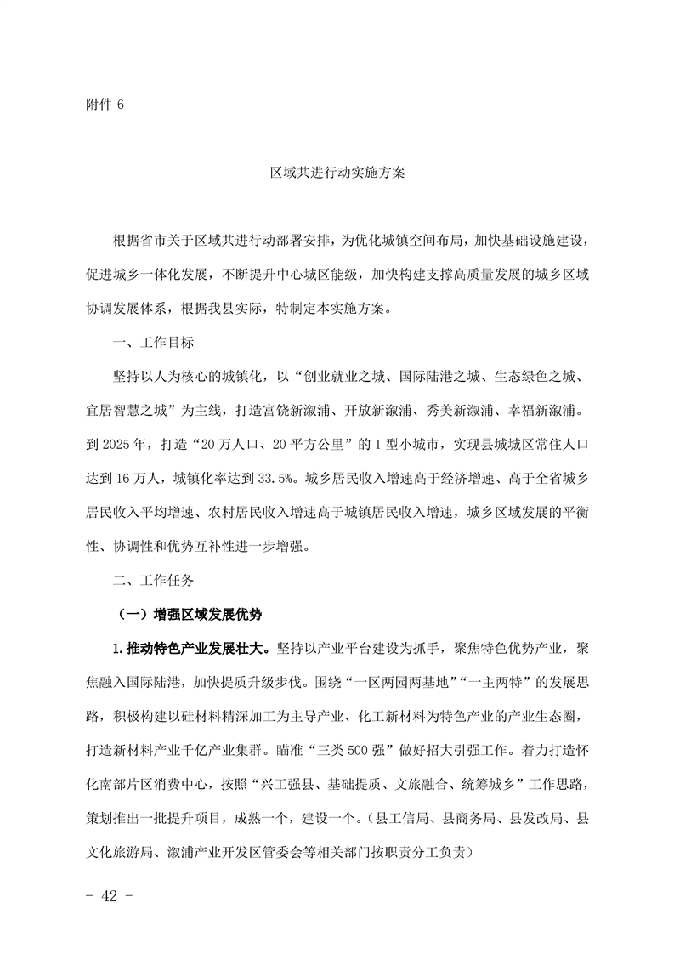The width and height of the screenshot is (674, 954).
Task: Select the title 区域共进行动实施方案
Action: point(337,173)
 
